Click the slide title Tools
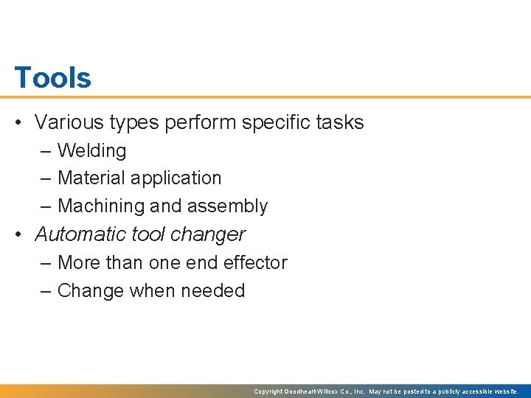[52, 77]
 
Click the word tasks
[340, 122]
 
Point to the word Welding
[91, 150]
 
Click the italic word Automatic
[80, 234]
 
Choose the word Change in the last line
[91, 290]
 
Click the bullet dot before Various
[20, 122]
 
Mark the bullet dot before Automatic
[20, 234]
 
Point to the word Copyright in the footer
[268, 391]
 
